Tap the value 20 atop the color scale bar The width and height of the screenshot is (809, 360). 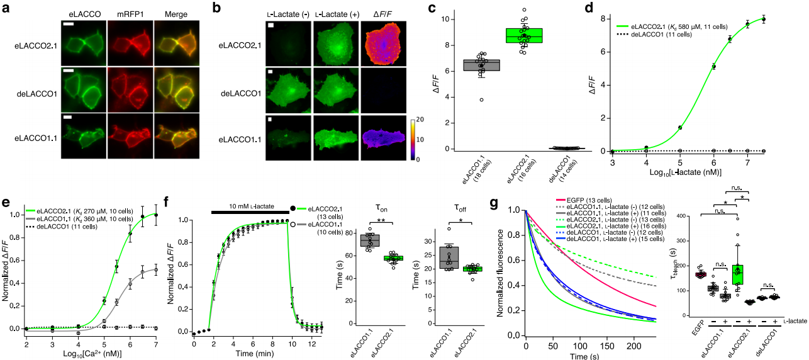(415, 118)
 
